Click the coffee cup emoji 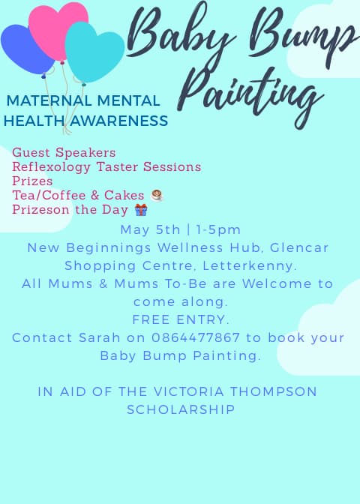157,195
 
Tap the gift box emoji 141,209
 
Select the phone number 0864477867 196,337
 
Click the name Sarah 100,337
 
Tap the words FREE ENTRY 181,319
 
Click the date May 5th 150,229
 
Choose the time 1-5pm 218,229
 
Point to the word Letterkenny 250,265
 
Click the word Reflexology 52,167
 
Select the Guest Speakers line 64,153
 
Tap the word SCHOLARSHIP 181,409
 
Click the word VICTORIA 189,391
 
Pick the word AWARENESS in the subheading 119,121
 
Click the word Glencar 299,247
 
